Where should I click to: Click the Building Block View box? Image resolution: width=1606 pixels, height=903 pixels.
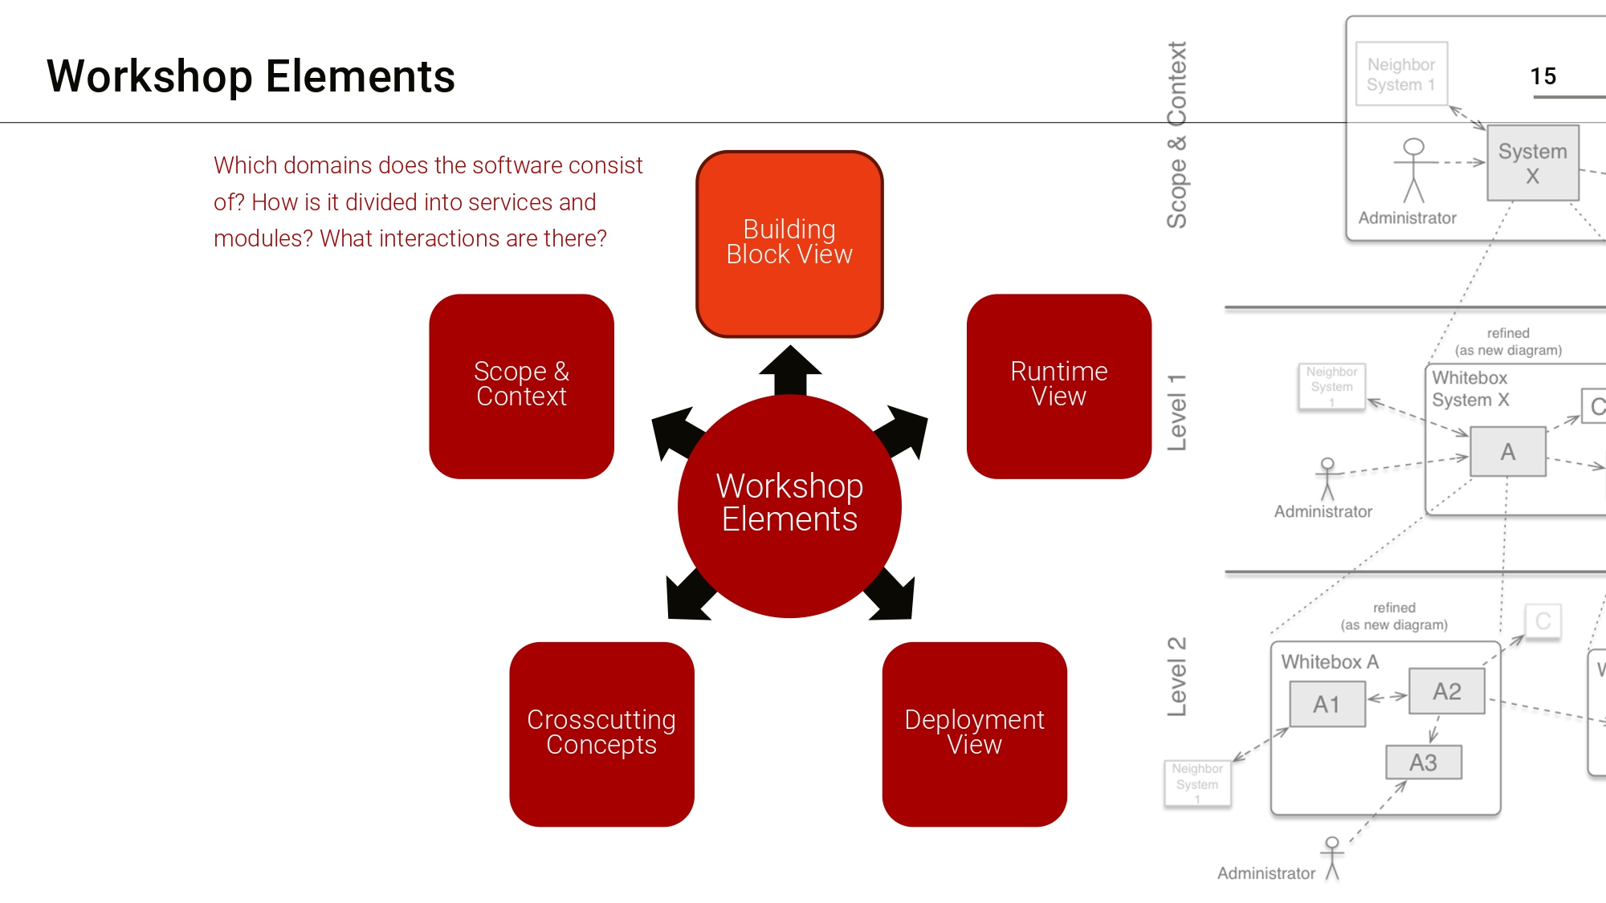click(789, 243)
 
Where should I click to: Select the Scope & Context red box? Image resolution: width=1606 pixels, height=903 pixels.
click(521, 386)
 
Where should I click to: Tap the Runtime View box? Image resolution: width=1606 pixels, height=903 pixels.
click(1058, 386)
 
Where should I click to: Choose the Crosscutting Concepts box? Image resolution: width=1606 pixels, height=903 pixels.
click(601, 734)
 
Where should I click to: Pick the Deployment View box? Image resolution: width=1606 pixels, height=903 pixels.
click(974, 734)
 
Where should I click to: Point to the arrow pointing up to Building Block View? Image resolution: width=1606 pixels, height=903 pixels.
click(790, 369)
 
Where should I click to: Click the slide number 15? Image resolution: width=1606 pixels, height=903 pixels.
click(1543, 76)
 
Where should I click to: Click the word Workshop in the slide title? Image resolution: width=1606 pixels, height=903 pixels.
click(149, 77)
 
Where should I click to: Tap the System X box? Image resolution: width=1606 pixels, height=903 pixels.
click(1532, 163)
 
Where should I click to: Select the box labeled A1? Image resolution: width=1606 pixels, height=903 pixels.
click(1327, 704)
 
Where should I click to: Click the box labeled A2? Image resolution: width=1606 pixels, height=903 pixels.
click(1447, 691)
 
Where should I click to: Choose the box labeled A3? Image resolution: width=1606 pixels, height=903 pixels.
click(1423, 762)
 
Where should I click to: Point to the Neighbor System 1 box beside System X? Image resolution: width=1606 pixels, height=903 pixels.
click(1401, 74)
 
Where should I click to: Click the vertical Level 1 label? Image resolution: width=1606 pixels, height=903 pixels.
click(1176, 413)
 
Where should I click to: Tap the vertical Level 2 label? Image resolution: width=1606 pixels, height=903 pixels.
click(1176, 676)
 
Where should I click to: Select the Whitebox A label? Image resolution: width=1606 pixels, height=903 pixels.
click(1330, 661)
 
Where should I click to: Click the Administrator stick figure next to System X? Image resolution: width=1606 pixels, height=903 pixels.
click(1413, 169)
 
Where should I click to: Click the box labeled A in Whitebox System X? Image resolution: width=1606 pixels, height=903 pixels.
click(1507, 452)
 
